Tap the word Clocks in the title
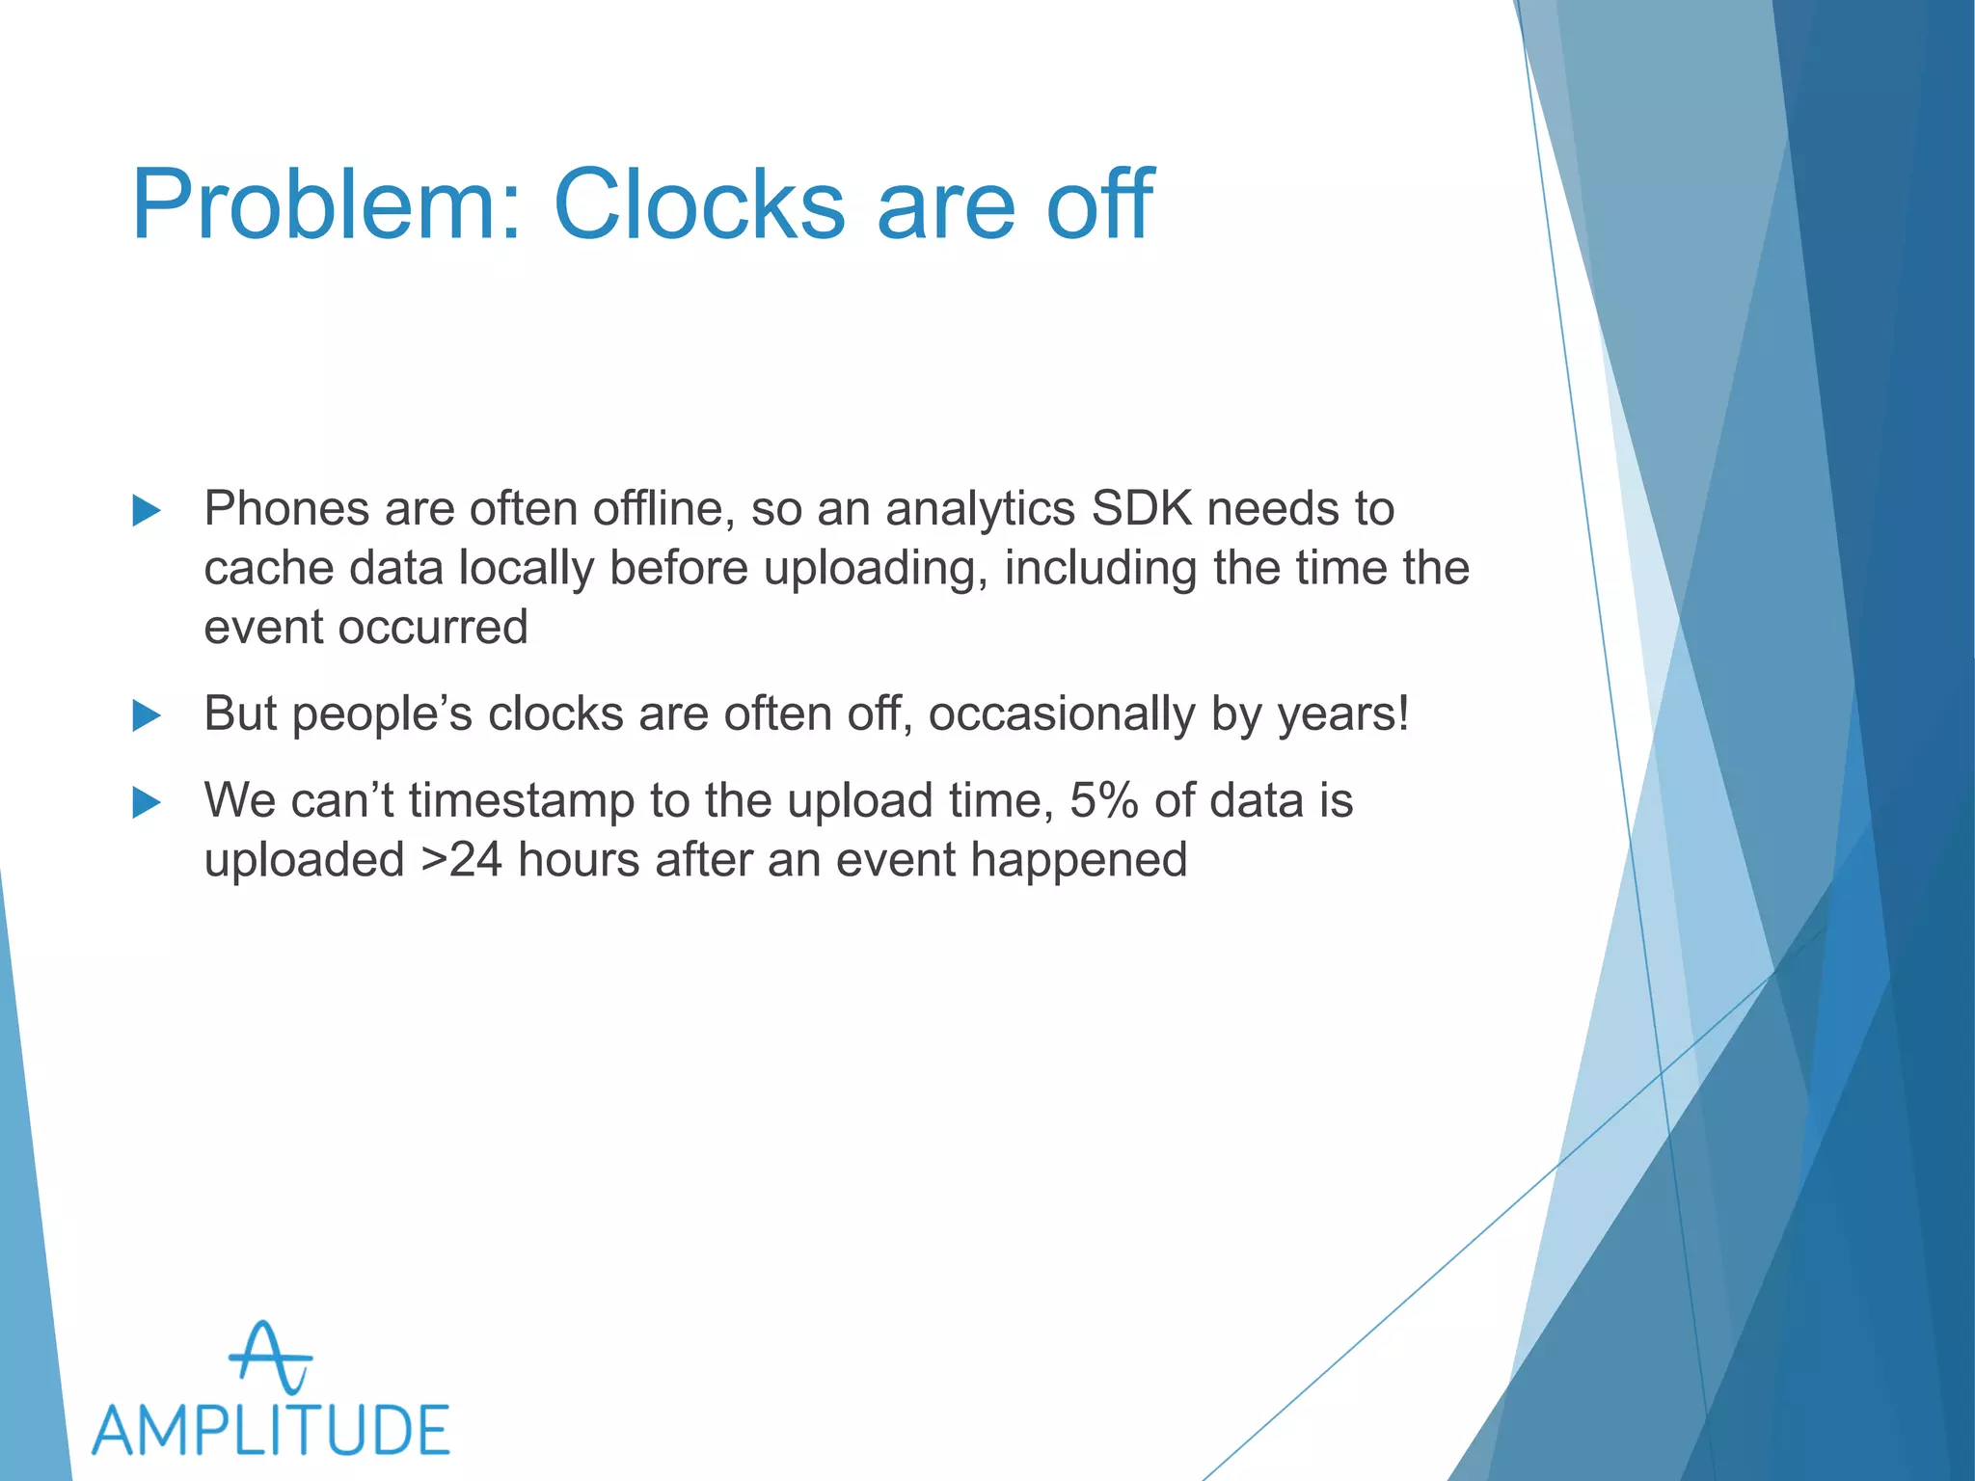[x=699, y=205]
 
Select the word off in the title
[x=1099, y=205]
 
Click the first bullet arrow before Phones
[x=147, y=510]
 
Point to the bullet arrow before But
[x=147, y=715]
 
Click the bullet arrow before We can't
[x=147, y=802]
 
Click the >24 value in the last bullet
[x=461, y=860]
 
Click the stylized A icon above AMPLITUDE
[x=269, y=1358]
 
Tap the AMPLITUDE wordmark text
[x=271, y=1430]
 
